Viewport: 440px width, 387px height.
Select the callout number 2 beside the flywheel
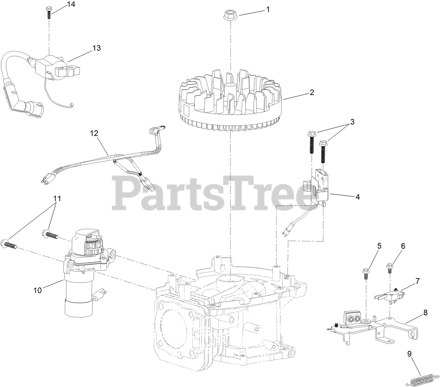click(x=312, y=92)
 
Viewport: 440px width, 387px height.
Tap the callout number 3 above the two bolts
click(x=352, y=122)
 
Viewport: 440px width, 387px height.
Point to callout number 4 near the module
click(x=357, y=197)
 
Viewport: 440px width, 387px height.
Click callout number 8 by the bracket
click(x=425, y=313)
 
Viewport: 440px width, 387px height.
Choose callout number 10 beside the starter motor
click(x=38, y=290)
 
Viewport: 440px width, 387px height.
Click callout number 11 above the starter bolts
click(x=57, y=198)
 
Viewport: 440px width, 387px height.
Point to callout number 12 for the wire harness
click(x=94, y=133)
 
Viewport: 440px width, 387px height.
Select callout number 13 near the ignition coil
click(x=97, y=48)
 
